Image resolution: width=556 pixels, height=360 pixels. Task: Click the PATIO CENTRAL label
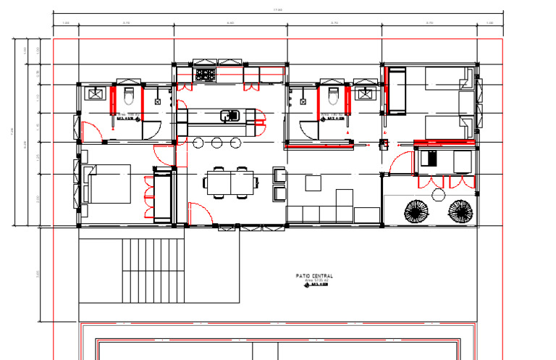click(x=315, y=276)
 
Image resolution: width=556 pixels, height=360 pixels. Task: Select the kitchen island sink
click(x=229, y=114)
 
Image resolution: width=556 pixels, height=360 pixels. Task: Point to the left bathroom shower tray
click(x=95, y=93)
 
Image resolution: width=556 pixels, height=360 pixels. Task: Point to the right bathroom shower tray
click(x=365, y=93)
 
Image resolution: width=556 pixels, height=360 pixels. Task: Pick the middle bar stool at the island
click(x=217, y=143)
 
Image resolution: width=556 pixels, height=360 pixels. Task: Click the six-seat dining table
click(x=231, y=182)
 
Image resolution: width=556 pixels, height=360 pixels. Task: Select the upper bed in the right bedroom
click(x=442, y=79)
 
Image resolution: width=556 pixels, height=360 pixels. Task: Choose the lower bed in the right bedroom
click(x=442, y=126)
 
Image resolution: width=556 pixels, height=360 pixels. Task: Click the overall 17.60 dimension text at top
click(x=277, y=9)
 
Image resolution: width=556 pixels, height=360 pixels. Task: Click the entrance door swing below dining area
click(x=197, y=214)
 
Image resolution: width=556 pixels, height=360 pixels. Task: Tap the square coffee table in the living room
click(x=313, y=183)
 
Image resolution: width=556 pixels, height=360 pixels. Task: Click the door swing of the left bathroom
click(x=90, y=133)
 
